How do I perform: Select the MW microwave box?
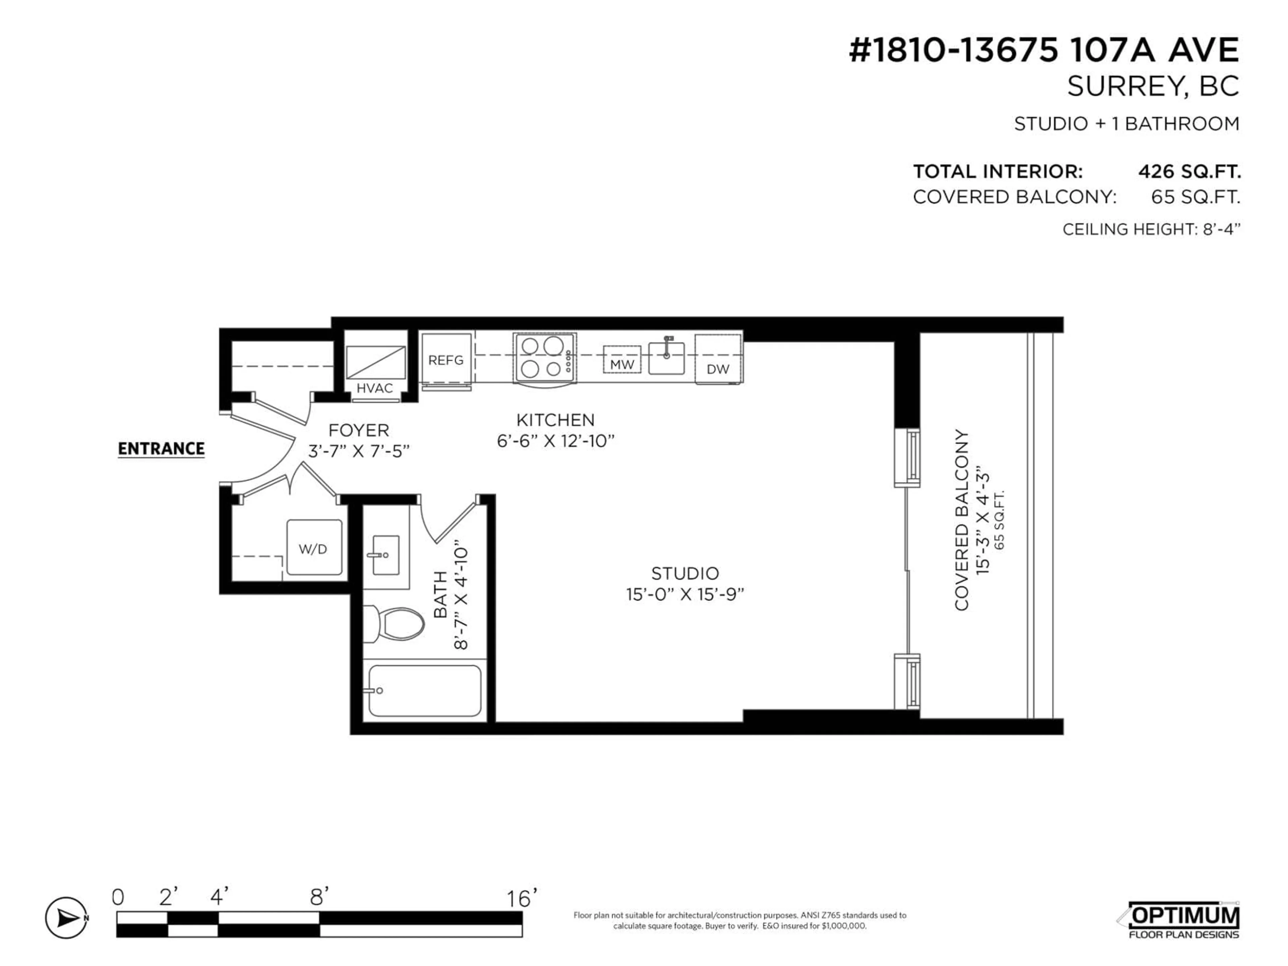pos(622,361)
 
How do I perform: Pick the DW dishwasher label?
pos(717,369)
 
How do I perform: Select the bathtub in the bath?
pos(425,691)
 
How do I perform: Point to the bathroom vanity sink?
pos(385,554)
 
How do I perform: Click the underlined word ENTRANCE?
pos(161,449)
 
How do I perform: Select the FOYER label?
pos(359,431)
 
